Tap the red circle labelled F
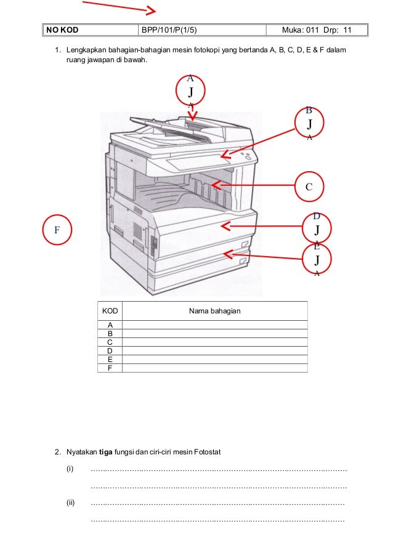point(57,230)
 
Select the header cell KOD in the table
point(110,311)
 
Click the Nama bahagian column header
point(214,311)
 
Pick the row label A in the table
point(110,324)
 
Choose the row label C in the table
point(110,342)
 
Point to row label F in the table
point(110,368)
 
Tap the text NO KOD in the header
point(62,30)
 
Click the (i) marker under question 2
point(70,470)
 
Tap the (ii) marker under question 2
point(70,502)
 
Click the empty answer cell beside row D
point(214,350)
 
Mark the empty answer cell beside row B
point(214,333)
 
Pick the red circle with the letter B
point(310,124)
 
